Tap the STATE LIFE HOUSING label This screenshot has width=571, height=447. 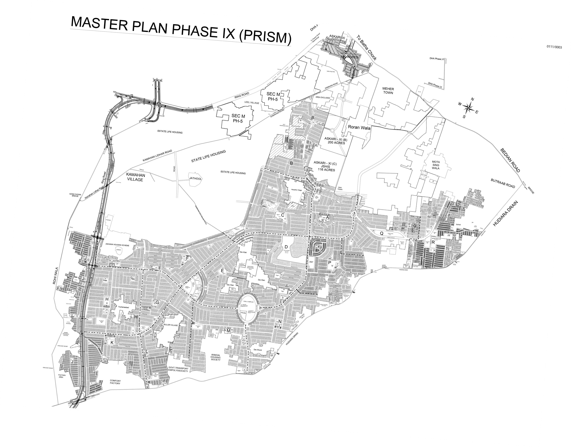click(x=208, y=156)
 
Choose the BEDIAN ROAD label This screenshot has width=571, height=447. click(x=510, y=160)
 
